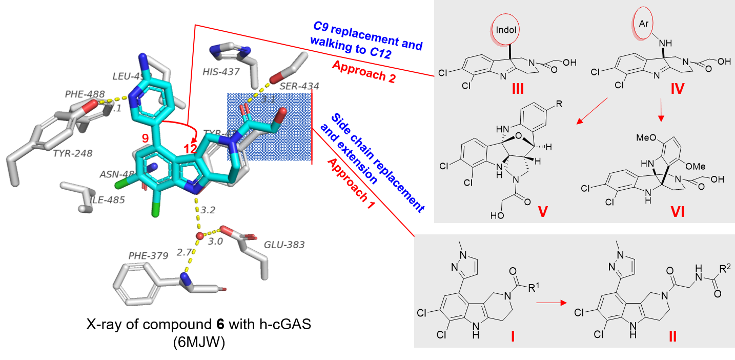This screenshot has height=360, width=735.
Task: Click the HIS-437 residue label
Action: (221, 72)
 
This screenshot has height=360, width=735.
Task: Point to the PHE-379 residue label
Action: (148, 255)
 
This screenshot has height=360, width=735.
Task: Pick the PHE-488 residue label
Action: (84, 94)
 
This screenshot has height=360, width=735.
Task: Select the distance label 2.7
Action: (183, 252)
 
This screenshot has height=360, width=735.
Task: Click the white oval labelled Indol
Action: (506, 29)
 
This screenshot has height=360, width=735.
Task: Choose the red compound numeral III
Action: (518, 89)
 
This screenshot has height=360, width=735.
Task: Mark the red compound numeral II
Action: (672, 336)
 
